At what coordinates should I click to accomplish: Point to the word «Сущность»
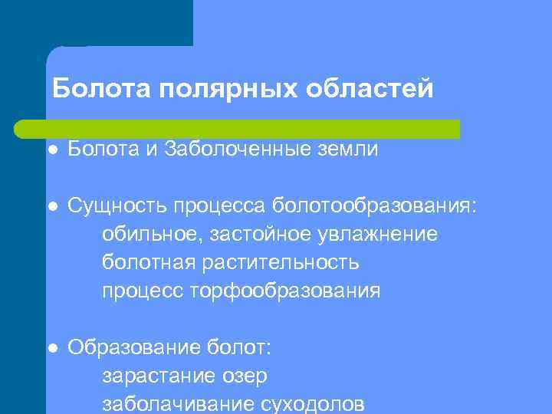coord(117,205)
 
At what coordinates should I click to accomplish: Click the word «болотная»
coord(149,262)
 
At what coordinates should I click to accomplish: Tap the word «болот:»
coord(238,348)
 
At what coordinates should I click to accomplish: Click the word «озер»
coord(245,376)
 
